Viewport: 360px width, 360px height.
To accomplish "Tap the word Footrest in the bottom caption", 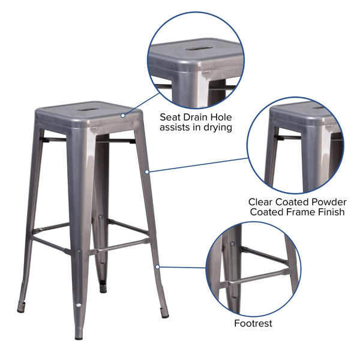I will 253,323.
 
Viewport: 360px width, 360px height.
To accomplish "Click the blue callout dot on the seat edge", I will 122,116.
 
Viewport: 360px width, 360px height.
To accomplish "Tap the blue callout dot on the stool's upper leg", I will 147,173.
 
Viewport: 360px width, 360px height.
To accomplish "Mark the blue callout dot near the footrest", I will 157,266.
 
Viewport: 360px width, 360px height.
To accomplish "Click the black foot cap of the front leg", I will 79,337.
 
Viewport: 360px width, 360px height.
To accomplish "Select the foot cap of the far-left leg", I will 21,310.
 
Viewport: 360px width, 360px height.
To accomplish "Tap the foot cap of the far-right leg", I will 165,315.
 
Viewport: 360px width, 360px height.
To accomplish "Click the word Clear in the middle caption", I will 262,202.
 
